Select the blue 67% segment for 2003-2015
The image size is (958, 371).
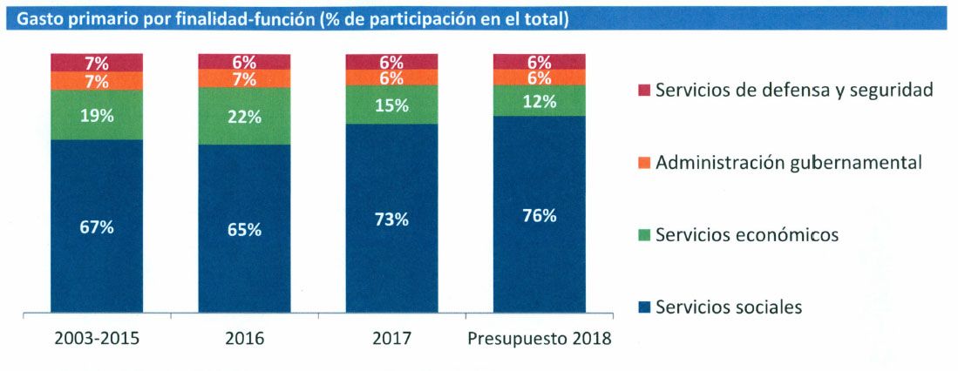[96, 227]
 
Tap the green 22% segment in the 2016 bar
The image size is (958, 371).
[244, 117]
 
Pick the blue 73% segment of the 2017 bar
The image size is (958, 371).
[391, 219]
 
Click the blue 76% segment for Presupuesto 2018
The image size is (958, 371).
[540, 215]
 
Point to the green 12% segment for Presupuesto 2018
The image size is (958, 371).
[540, 101]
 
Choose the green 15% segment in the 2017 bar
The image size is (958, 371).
[391, 105]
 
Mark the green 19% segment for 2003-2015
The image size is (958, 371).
[96, 114]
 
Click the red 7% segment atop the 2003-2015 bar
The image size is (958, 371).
[96, 63]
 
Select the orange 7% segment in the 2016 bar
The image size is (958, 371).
[244, 79]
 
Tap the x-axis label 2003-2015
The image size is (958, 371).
[96, 338]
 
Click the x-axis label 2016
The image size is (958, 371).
[244, 338]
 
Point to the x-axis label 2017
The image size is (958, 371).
[391, 338]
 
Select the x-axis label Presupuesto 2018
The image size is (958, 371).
[540, 338]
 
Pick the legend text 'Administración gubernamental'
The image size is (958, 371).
[789, 162]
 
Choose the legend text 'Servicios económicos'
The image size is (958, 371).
[746, 234]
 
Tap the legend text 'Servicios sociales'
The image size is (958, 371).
[728, 307]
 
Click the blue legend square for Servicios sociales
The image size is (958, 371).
[644, 307]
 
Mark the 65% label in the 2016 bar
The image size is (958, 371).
[244, 230]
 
